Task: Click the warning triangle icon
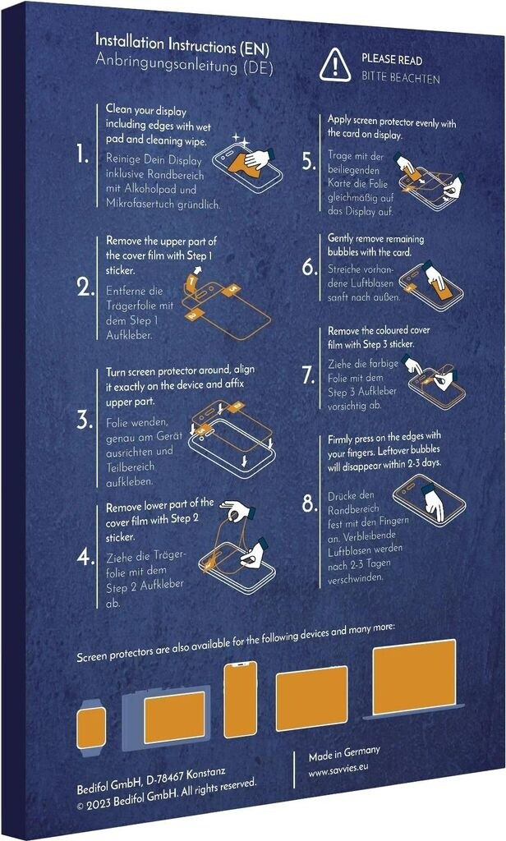click(335, 66)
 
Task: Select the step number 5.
click(309, 162)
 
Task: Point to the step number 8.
click(310, 503)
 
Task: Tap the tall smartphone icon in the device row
click(240, 700)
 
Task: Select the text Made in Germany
click(344, 754)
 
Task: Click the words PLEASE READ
click(392, 59)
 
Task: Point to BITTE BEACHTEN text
click(400, 77)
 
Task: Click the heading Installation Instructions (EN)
click(182, 44)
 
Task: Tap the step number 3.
click(85, 420)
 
